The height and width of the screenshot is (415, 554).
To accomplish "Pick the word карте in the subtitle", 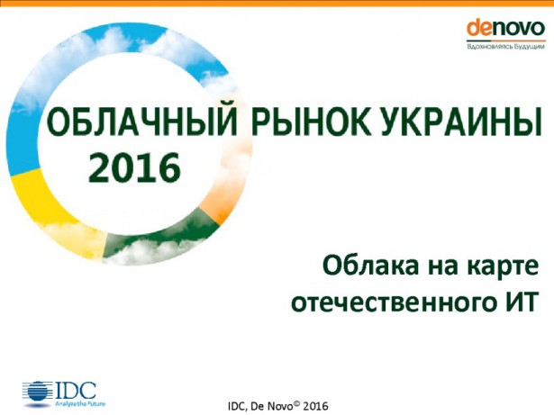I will click(493, 268).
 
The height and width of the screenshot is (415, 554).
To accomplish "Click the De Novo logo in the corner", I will click(505, 28).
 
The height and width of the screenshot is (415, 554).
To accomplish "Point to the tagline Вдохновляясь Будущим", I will click(505, 45).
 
